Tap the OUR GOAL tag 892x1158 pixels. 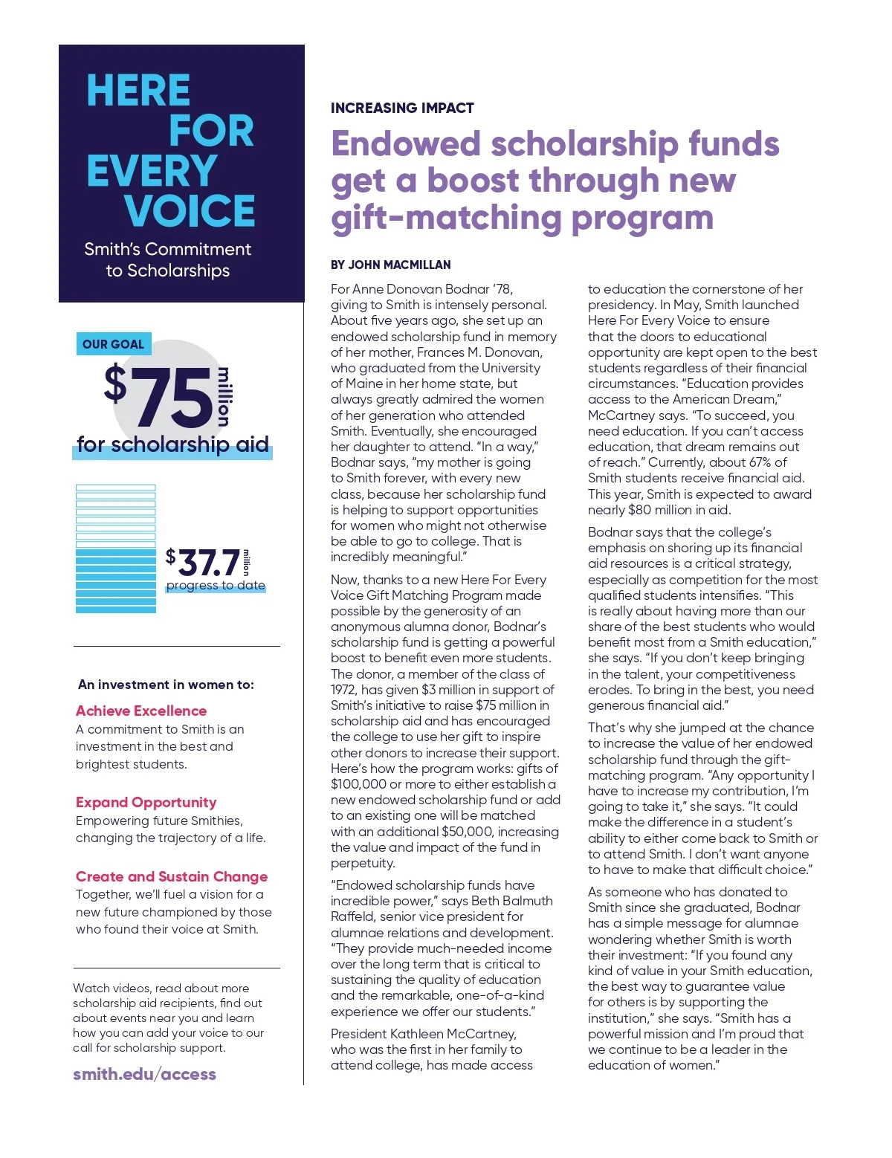tap(113, 344)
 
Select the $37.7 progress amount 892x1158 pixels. tap(204, 562)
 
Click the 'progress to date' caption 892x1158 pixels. tap(216, 586)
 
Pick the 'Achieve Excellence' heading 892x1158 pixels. tap(141, 711)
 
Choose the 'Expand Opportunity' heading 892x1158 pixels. tap(146, 802)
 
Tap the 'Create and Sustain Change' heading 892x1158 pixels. tap(172, 876)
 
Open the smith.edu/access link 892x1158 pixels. tap(144, 1074)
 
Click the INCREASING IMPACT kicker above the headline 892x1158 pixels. tap(402, 108)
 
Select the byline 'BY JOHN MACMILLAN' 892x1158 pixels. tap(390, 265)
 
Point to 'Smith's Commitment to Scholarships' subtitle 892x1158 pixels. tap(167, 259)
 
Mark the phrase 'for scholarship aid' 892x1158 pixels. tap(172, 444)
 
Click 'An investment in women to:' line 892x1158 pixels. tap(166, 685)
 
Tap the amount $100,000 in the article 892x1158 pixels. tap(358, 784)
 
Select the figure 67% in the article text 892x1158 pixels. tap(760, 462)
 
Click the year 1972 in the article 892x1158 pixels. tap(344, 690)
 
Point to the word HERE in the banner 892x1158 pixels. tap(138, 91)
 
